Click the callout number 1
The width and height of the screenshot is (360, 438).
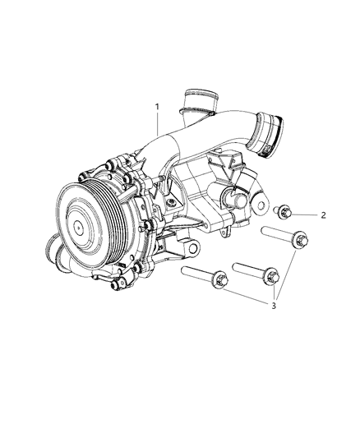[158, 107]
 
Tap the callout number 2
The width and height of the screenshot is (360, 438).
[323, 215]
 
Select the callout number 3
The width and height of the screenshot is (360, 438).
[274, 306]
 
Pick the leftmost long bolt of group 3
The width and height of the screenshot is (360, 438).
[205, 277]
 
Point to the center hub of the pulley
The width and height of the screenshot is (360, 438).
[78, 227]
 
